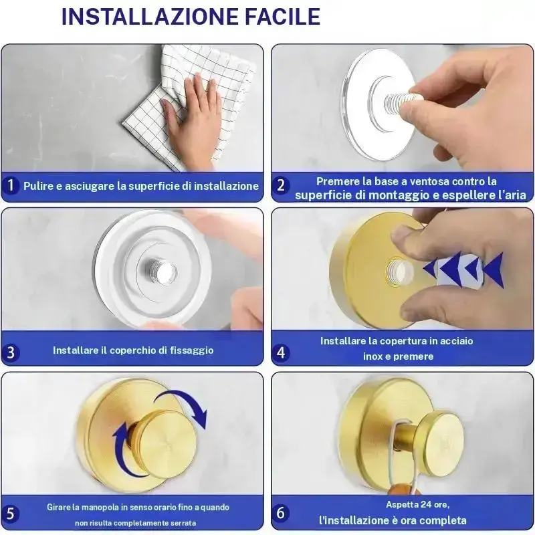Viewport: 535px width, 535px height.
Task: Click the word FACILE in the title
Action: (x=282, y=16)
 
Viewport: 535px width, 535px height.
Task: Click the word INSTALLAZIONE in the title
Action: (x=150, y=16)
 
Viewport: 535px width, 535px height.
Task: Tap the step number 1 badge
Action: (x=11, y=185)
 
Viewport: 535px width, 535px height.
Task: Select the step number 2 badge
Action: (x=280, y=185)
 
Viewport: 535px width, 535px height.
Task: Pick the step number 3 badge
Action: (x=11, y=352)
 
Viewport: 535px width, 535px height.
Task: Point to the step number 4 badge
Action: (x=280, y=352)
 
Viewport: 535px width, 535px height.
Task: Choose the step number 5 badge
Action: (x=11, y=514)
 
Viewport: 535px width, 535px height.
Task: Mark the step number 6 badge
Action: (x=280, y=513)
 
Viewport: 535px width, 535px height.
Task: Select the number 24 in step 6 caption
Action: (x=425, y=504)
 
